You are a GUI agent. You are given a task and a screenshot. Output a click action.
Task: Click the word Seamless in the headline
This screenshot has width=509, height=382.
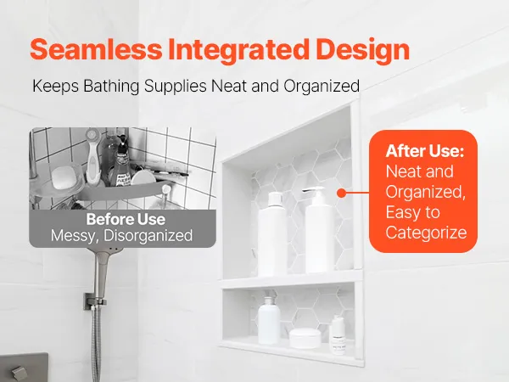pos(96,49)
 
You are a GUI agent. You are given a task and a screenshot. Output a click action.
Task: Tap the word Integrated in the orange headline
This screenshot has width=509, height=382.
pos(238,49)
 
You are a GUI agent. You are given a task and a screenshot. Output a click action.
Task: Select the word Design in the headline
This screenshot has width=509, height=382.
pos(362,51)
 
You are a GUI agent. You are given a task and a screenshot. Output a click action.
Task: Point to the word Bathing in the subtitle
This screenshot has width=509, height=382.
pos(111,86)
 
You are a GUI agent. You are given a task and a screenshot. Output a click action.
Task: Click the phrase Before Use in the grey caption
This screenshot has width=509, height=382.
pos(126,219)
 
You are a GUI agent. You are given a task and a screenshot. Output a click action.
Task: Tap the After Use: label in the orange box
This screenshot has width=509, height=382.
pos(425,151)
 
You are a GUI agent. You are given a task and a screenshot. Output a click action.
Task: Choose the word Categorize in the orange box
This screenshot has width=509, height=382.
pos(426,233)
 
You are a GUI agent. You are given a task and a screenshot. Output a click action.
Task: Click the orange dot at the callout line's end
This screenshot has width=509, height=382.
pos(341,194)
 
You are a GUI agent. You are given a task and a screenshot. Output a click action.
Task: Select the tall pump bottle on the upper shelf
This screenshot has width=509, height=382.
pos(319,230)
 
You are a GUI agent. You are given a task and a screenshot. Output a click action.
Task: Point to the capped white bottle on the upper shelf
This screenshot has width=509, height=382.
pos(272,234)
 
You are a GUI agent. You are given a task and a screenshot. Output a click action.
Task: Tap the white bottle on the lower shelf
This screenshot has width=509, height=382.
pos(269,320)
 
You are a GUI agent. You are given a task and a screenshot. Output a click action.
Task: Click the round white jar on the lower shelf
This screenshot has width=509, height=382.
pos(305,338)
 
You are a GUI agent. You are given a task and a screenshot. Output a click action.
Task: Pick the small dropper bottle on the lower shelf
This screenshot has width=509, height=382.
pos(338,336)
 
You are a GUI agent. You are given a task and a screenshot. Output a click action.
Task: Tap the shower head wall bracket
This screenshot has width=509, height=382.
pos(94,301)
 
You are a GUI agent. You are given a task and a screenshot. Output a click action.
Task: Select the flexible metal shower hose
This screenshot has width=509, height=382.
pos(97,345)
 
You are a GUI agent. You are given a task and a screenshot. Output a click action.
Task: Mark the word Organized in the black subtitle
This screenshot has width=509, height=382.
pos(322,87)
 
